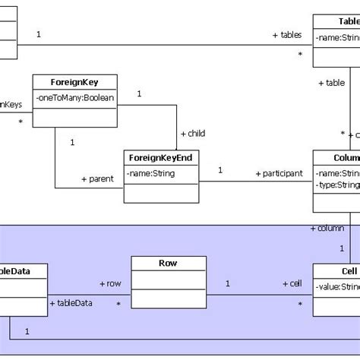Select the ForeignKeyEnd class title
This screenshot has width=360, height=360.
[x=161, y=157]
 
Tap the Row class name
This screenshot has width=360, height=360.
[x=168, y=263]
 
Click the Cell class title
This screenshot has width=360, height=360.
[x=349, y=271]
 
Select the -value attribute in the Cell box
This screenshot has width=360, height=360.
[x=337, y=287]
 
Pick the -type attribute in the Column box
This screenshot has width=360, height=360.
[x=337, y=185]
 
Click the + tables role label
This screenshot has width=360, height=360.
[x=286, y=35]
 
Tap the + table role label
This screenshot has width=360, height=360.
[x=331, y=83]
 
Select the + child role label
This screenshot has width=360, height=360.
[x=192, y=133]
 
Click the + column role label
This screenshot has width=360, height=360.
[x=327, y=228]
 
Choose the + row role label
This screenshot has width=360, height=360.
[x=109, y=283]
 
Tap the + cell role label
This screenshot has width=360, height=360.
[x=292, y=283]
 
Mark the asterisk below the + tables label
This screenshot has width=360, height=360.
[x=300, y=55]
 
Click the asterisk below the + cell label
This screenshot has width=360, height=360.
[x=300, y=304]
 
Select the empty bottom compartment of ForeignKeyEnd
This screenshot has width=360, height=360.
[x=161, y=193]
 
